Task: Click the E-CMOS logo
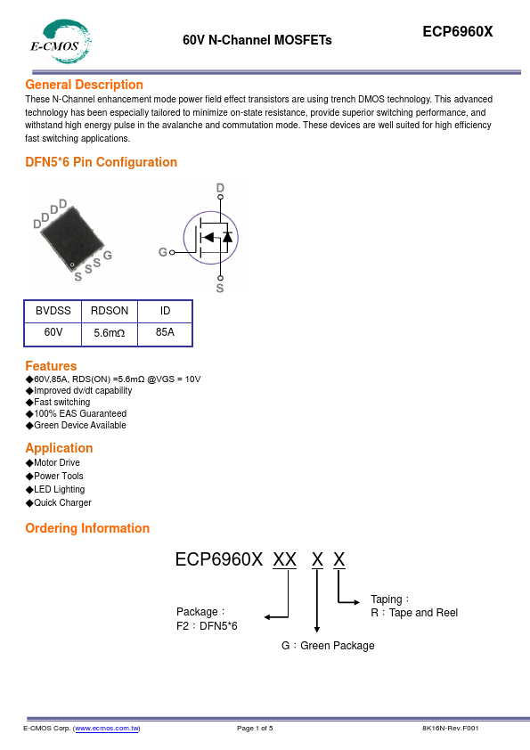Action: click(x=61, y=42)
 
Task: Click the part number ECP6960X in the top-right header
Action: click(x=457, y=31)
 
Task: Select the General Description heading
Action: click(x=85, y=85)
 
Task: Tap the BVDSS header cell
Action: click(x=53, y=311)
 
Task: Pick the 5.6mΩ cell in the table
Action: click(x=109, y=333)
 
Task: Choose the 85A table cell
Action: click(x=165, y=332)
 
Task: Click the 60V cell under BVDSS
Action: click(x=53, y=332)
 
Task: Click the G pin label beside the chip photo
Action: click(x=108, y=256)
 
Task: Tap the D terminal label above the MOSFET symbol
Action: click(x=220, y=187)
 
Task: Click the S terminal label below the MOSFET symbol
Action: click(x=220, y=289)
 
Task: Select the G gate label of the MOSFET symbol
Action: click(x=163, y=252)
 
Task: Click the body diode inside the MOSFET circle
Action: click(x=228, y=237)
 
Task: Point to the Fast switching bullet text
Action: click(x=62, y=403)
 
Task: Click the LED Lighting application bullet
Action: click(x=60, y=489)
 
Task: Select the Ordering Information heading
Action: click(x=87, y=528)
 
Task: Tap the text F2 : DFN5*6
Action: click(x=207, y=626)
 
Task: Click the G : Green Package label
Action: click(x=328, y=646)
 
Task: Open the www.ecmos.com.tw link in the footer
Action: click(x=107, y=728)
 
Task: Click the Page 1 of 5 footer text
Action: click(x=255, y=728)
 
